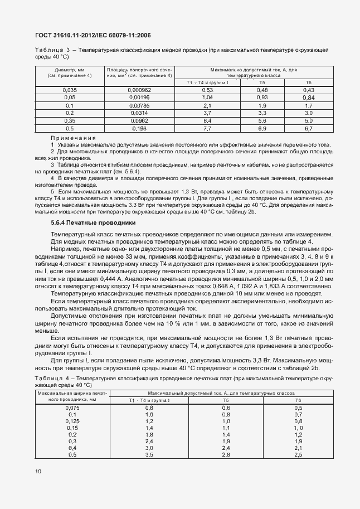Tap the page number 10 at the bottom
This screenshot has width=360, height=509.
[x=38, y=471]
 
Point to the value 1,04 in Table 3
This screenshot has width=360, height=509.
[x=208, y=97]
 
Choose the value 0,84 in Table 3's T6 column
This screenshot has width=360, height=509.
[x=309, y=98]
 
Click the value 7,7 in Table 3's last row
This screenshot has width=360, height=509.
[x=208, y=128]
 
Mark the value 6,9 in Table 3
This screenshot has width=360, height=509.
[x=262, y=128]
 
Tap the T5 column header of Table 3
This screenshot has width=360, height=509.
[x=262, y=82]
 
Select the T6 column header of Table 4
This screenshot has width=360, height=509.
[x=298, y=400]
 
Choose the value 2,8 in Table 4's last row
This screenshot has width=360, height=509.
[x=226, y=454]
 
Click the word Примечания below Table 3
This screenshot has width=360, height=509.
[x=73, y=138]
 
